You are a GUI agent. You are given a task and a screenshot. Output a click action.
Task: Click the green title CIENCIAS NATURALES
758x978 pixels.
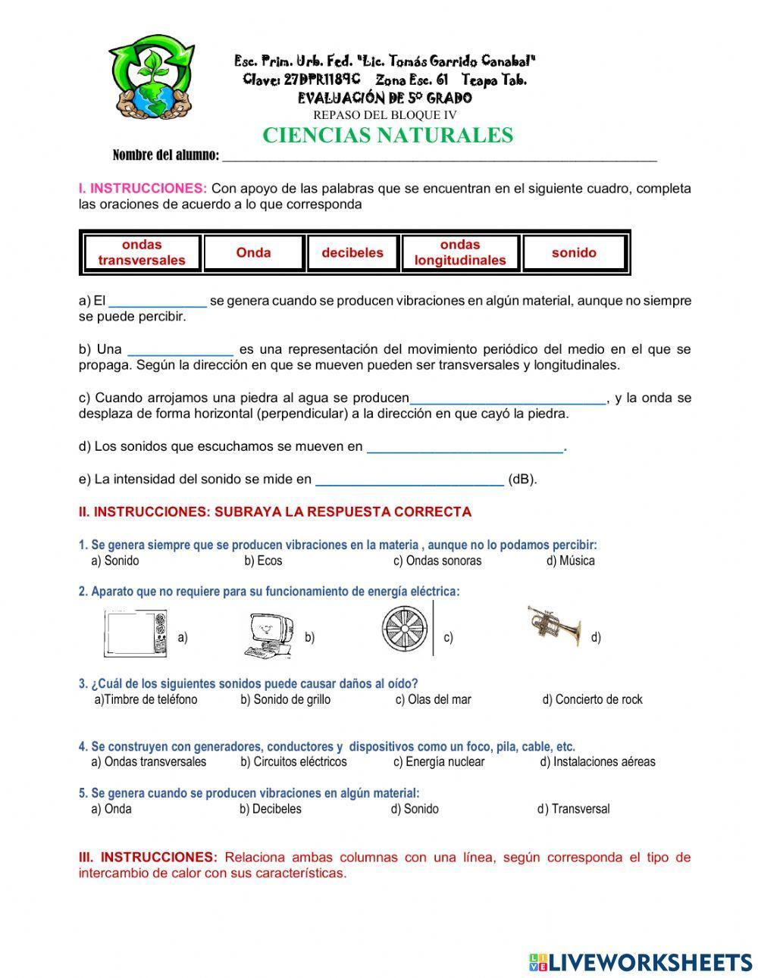pyautogui.click(x=387, y=136)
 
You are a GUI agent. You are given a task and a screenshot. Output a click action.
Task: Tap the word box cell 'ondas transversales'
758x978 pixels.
pyautogui.click(x=142, y=253)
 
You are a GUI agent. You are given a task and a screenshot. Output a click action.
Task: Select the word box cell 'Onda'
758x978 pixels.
pyautogui.click(x=253, y=253)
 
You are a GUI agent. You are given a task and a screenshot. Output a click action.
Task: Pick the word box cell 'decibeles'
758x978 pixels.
pyautogui.click(x=352, y=253)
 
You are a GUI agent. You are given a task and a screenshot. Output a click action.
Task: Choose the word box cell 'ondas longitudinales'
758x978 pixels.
pyautogui.click(x=460, y=253)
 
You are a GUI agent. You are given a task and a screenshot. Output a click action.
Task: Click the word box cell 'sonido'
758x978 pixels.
pyautogui.click(x=574, y=253)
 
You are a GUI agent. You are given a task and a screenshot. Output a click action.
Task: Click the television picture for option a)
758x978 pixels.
pyautogui.click(x=136, y=634)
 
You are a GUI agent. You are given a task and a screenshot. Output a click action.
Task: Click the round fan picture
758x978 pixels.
pyautogui.click(x=406, y=628)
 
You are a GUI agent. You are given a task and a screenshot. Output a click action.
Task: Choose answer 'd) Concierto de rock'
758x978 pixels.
pyautogui.click(x=592, y=699)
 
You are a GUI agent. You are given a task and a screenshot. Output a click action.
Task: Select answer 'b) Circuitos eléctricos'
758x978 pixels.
pyautogui.click(x=293, y=761)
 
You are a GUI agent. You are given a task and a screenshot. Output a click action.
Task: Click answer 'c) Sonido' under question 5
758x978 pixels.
pyautogui.click(x=415, y=808)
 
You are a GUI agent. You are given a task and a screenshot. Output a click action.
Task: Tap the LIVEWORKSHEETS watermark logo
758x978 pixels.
pyautogui.click(x=640, y=961)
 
